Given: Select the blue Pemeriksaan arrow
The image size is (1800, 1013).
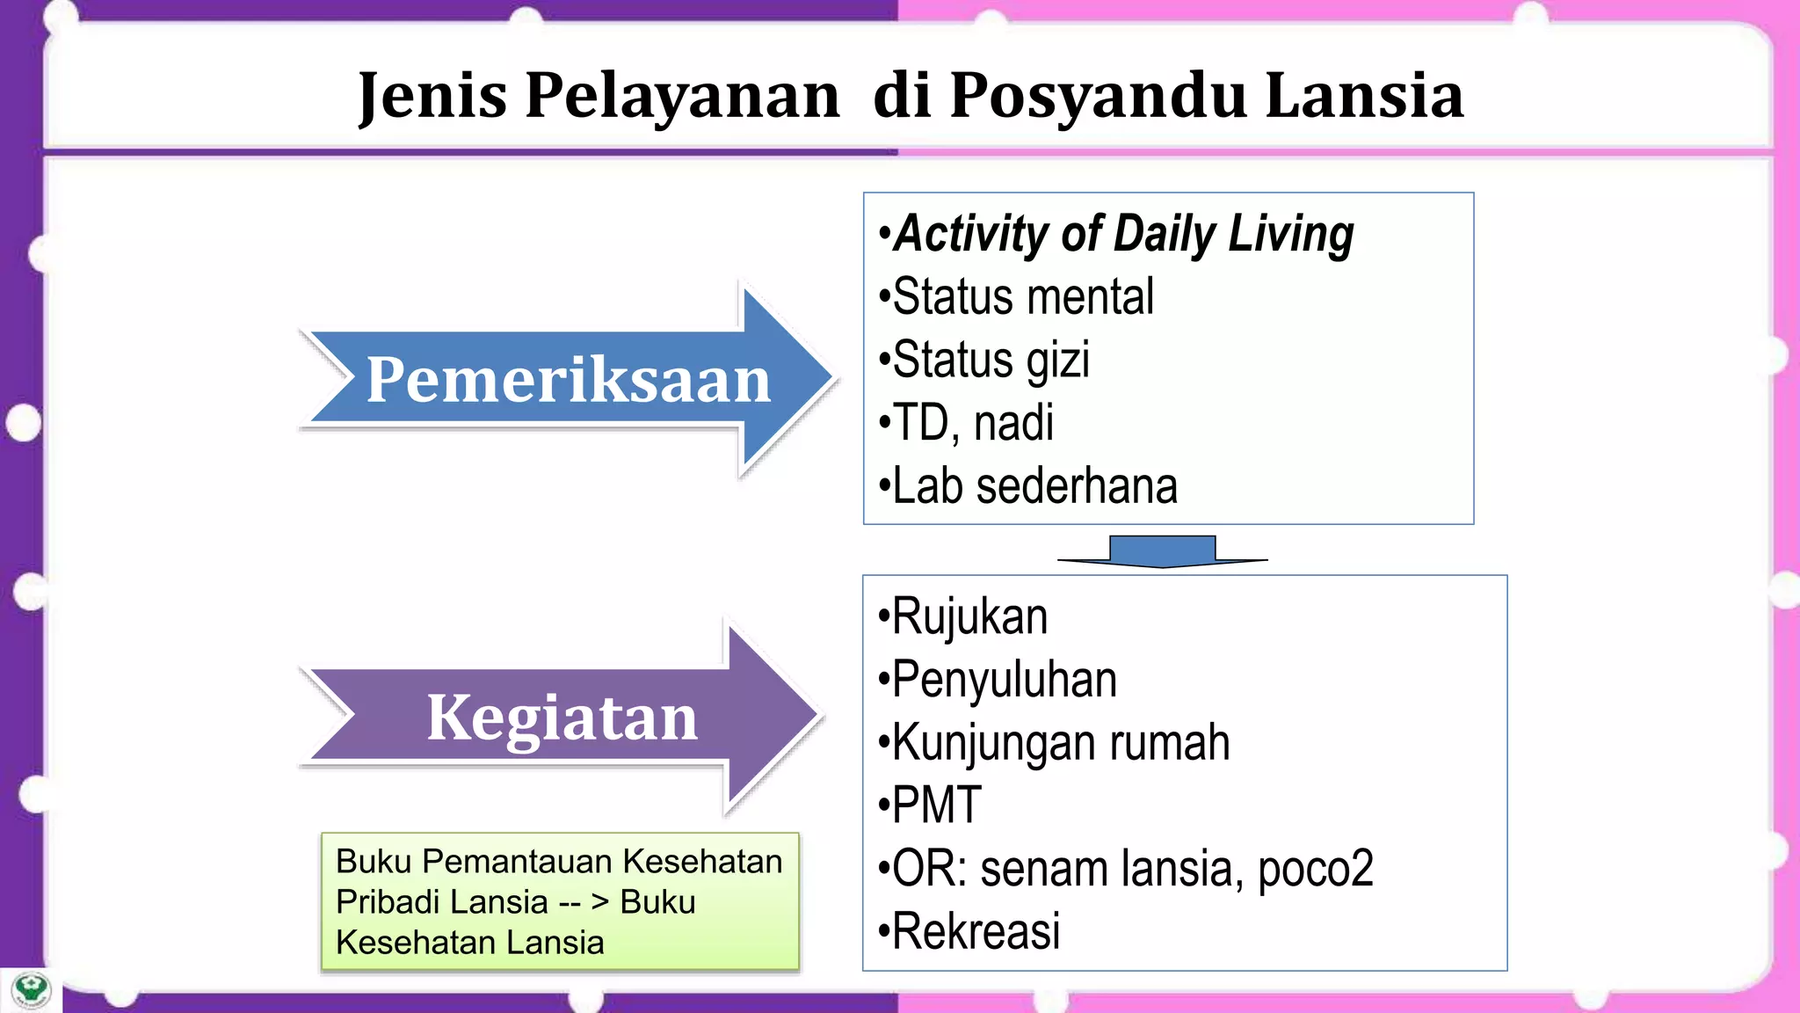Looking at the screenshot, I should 568,380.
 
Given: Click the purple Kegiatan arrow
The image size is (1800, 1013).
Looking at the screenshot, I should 562,718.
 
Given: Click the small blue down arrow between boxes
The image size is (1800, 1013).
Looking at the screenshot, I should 1162,551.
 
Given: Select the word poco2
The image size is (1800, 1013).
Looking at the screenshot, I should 1315,869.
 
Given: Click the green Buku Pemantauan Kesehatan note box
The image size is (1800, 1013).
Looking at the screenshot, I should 560,901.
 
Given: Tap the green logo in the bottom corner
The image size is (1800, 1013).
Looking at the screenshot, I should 32,990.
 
